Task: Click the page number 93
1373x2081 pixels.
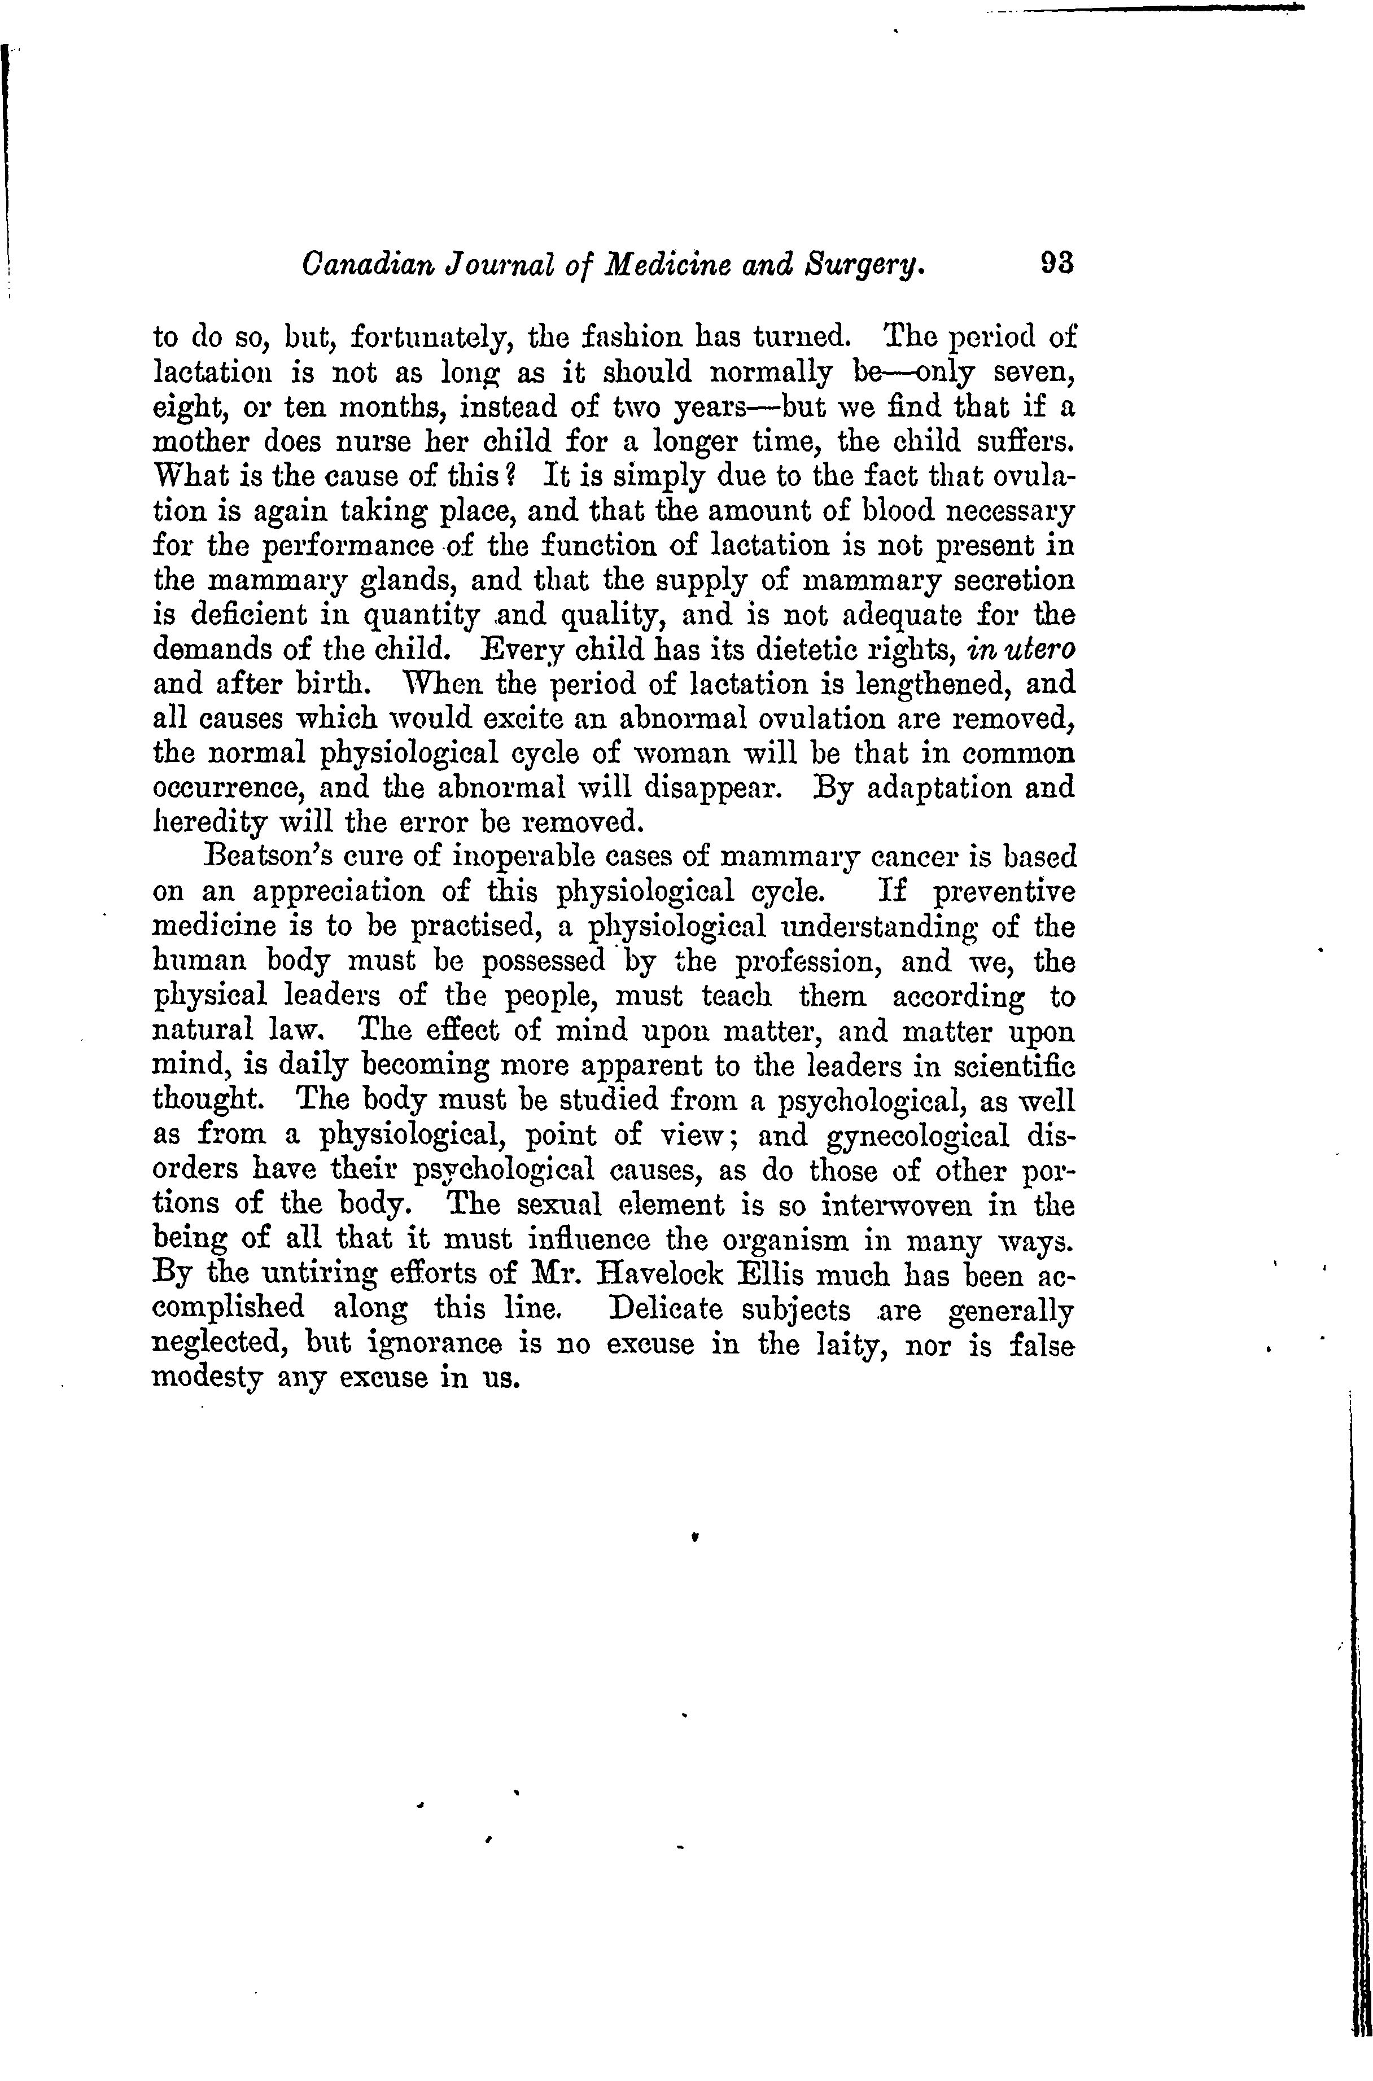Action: pyautogui.click(x=1056, y=262)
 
